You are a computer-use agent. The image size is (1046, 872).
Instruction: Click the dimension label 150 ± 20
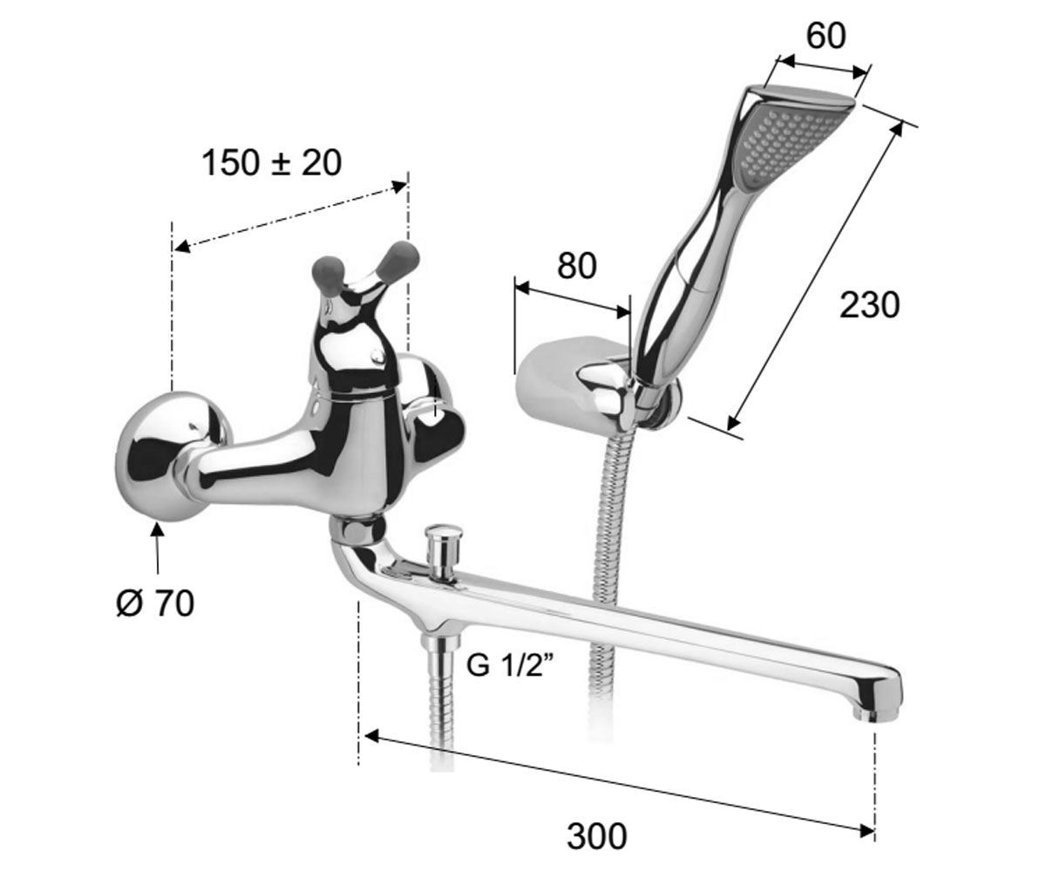tap(271, 163)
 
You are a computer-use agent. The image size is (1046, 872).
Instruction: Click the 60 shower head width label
tap(825, 36)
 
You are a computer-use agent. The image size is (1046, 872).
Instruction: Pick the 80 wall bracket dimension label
tap(576, 266)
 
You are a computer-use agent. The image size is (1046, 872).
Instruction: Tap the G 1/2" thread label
tap(510, 665)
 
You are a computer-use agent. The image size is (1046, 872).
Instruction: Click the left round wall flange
tap(170, 456)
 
